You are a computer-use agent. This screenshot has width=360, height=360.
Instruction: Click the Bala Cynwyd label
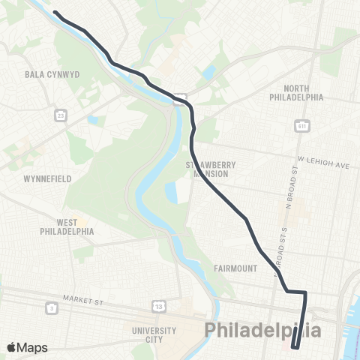tap(46, 75)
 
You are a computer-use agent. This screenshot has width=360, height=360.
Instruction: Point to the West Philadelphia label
tap(67, 227)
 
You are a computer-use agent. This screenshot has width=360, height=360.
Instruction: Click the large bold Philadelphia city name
tap(264, 331)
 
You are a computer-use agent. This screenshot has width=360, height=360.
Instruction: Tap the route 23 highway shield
tap(58, 115)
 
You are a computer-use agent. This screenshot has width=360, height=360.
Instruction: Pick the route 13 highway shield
tap(159, 307)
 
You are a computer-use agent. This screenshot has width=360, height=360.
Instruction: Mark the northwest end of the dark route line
tap(55, 12)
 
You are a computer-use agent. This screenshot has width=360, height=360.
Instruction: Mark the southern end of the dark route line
tap(295, 347)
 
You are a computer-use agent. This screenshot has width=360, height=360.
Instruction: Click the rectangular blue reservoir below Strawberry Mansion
tap(172, 193)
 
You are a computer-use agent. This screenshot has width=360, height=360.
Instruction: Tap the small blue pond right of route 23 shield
tap(92, 119)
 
